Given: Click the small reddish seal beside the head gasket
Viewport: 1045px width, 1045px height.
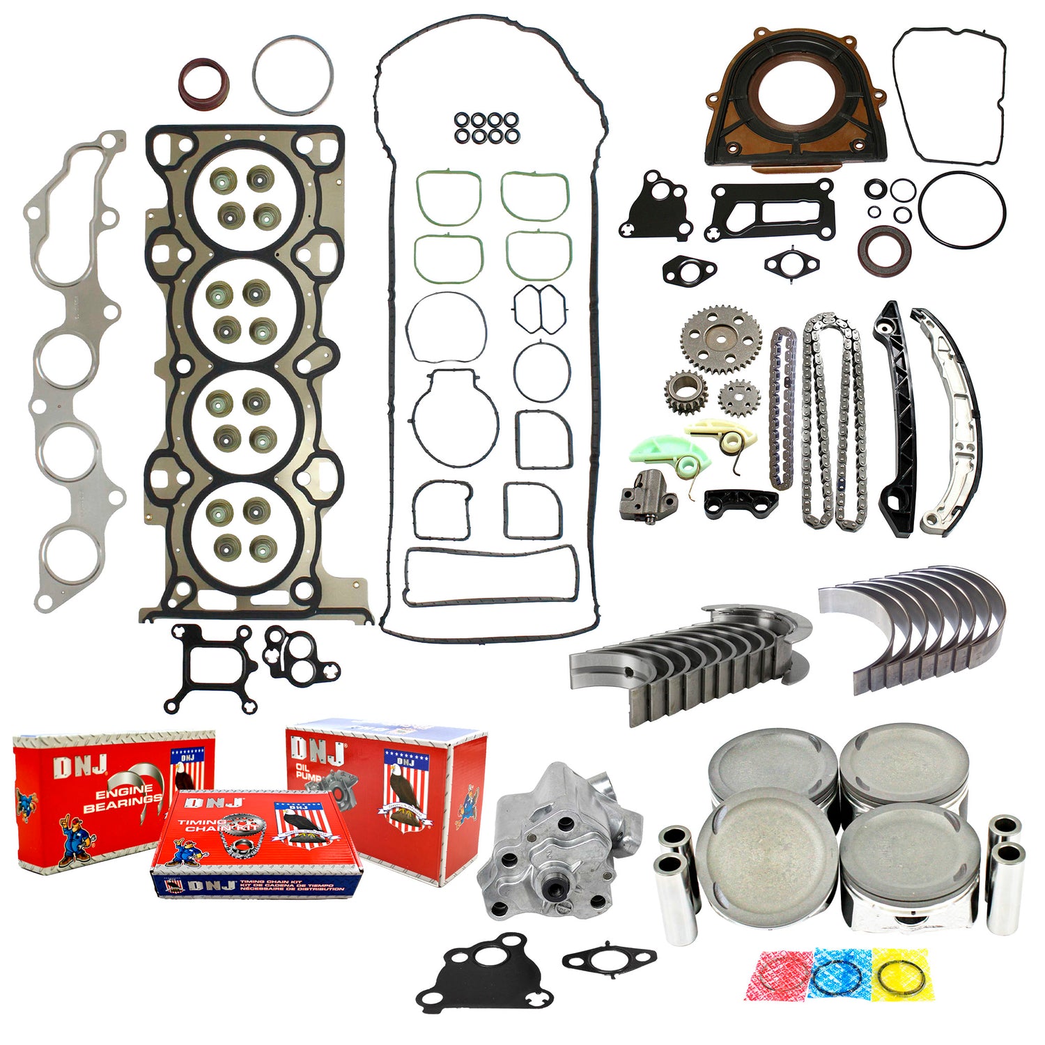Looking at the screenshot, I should (x=203, y=84).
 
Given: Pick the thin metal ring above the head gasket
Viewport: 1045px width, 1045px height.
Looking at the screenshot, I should (x=293, y=75).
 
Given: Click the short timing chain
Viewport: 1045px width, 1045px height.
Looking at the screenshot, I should (x=783, y=408).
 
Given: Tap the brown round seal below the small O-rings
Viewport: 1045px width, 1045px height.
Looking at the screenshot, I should (x=883, y=249).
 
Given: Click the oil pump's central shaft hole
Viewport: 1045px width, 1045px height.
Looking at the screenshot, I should (x=556, y=888).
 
